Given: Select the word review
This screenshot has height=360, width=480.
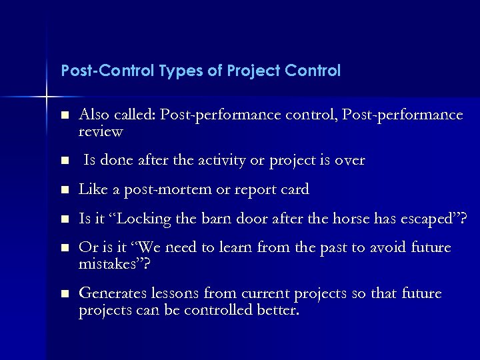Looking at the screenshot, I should point(101,131).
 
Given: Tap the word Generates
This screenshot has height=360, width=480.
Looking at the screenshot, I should point(109,294).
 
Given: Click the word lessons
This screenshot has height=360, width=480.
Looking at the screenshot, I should point(173,294).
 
